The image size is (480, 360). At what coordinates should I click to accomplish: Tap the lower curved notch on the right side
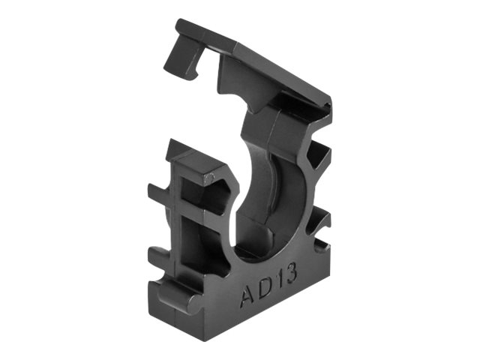click(x=321, y=225)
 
